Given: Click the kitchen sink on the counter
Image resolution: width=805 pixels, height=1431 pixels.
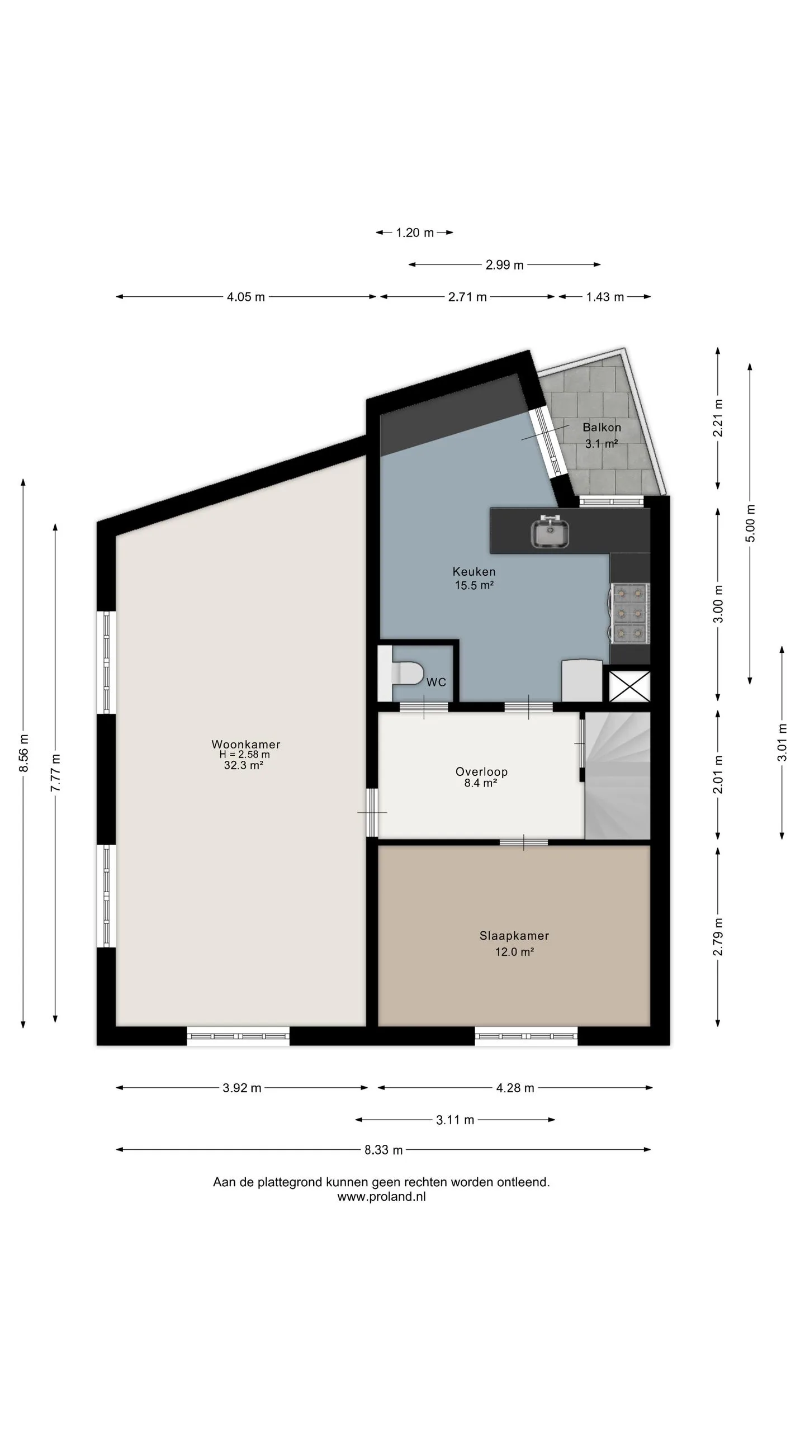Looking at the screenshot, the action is [550, 530].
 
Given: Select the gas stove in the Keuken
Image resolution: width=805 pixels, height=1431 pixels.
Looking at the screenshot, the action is [629, 613].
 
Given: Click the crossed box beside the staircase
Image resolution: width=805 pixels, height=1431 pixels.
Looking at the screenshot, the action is [629, 686].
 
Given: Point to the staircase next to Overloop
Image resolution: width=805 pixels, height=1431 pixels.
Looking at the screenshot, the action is [618, 775].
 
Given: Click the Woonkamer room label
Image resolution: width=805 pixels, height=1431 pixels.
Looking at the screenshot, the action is [245, 744].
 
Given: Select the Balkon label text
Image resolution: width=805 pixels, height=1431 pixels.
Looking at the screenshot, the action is [602, 428].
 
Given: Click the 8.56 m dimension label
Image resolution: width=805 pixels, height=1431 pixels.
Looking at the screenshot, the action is [23, 753].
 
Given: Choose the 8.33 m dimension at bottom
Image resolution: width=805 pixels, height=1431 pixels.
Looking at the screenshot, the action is [383, 1150].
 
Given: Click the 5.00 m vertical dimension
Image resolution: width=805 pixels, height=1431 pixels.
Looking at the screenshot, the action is [750, 523].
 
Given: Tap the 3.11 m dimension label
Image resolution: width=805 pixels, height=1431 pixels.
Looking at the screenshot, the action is [455, 1120].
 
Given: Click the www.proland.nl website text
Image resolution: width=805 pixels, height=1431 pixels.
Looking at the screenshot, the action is [381, 1197].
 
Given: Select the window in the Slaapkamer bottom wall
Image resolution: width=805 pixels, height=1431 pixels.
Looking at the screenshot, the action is [526, 1036].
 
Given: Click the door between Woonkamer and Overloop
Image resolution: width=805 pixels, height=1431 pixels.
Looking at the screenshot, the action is [372, 812].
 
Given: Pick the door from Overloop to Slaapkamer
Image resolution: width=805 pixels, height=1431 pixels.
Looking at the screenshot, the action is [524, 842].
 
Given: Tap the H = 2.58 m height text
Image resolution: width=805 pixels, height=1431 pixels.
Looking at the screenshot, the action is [244, 755].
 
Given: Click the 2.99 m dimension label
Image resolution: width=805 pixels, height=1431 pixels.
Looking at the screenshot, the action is [504, 265].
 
